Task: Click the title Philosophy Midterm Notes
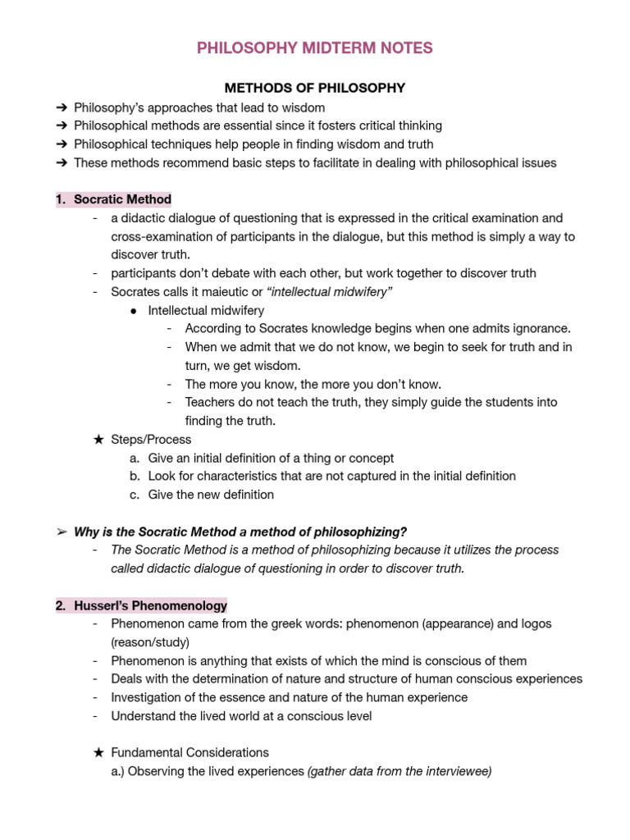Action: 315,48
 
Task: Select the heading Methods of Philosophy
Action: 315,88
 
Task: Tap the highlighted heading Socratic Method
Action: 122,199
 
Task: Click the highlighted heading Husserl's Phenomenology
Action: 150,605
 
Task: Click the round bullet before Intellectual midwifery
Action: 134,311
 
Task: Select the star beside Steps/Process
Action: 98,440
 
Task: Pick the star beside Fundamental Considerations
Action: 98,752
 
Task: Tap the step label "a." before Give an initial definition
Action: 135,458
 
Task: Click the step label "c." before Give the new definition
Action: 135,495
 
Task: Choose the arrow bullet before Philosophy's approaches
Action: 62,107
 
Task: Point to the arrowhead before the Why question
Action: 62,532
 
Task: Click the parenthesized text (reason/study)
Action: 150,642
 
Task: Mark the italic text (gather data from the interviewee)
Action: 399,771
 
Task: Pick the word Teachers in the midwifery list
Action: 211,403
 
